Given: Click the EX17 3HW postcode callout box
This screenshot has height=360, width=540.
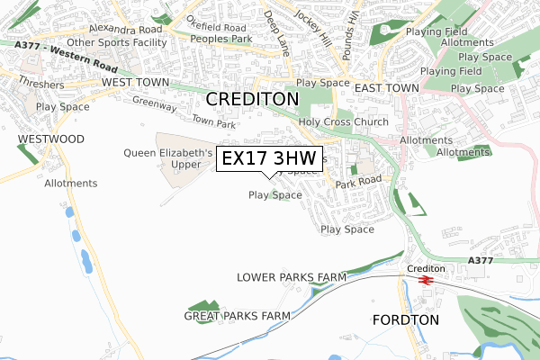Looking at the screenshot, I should click(x=269, y=157).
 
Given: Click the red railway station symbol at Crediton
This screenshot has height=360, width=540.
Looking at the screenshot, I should click(x=426, y=280).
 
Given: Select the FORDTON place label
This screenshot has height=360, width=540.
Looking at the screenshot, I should click(x=405, y=319).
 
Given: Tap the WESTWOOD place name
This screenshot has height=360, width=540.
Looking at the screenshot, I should click(x=50, y=139).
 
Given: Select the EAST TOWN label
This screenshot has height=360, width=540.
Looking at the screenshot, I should click(x=387, y=88).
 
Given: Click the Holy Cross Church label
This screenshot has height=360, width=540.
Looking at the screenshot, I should click(x=344, y=122).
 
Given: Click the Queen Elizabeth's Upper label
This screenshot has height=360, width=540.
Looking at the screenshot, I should click(x=168, y=159).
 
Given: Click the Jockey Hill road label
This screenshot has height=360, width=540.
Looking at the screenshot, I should click(x=319, y=31).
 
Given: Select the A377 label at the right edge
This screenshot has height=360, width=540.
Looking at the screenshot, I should click(x=482, y=261).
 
